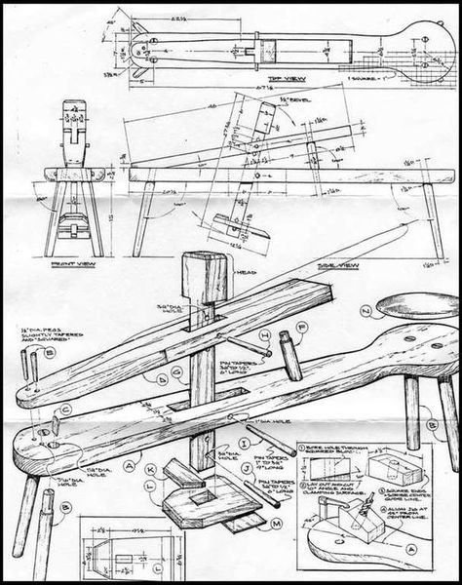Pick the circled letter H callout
pos(264,334)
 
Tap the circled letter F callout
pos(302,328)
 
